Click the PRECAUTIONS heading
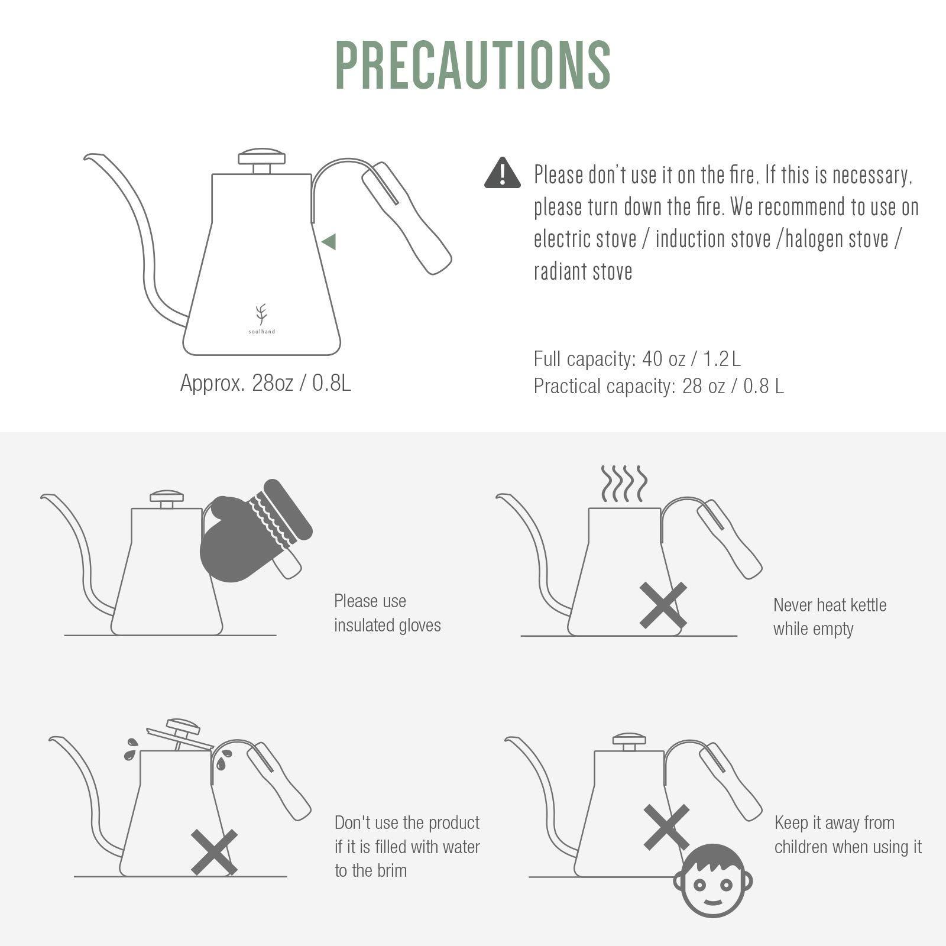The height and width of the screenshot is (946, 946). (473, 65)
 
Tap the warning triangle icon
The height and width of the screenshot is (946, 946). (502, 173)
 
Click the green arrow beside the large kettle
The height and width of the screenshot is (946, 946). (329, 241)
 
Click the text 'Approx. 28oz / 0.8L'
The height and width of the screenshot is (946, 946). (265, 383)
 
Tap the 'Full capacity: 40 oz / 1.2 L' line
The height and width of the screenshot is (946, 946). (637, 359)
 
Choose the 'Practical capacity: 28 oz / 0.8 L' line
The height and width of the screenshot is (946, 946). (659, 386)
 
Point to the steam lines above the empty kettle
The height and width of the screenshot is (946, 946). (624, 484)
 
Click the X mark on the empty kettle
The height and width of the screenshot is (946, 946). (663, 605)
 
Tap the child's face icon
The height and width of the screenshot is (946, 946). (713, 880)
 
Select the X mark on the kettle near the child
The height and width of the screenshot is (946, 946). (666, 827)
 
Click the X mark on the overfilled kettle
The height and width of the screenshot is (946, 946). (214, 852)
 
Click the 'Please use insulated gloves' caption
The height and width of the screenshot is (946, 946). (387, 613)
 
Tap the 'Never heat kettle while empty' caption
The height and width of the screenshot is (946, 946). (830, 617)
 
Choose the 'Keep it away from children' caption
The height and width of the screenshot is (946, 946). (848, 835)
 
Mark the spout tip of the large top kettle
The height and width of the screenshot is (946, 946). (86, 157)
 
